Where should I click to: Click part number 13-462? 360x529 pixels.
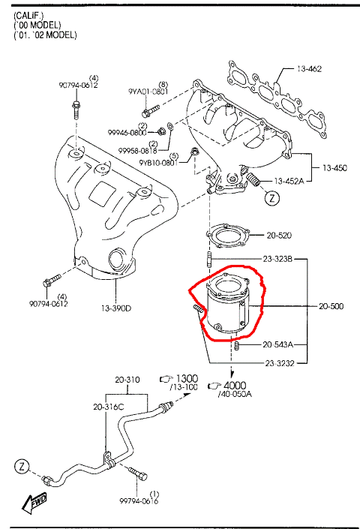(x=309, y=69)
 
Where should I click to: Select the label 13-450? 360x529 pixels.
(x=334, y=167)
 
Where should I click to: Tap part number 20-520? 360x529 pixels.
(x=279, y=235)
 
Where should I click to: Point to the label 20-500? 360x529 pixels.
(x=331, y=306)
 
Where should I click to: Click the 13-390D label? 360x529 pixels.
(x=116, y=308)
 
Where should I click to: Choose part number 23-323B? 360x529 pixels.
(x=277, y=259)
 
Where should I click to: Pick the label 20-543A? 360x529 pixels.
(x=277, y=344)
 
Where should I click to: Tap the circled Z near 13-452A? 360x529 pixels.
(x=272, y=197)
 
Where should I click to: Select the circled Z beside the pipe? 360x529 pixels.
(x=22, y=467)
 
